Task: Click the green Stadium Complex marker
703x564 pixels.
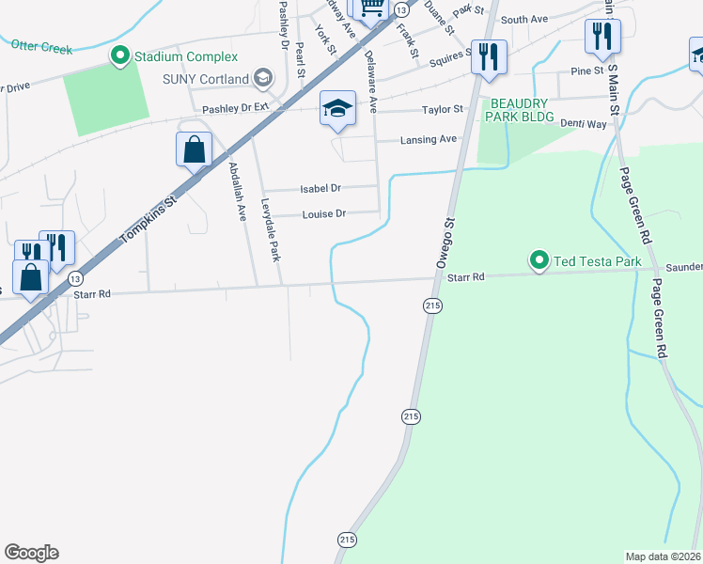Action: [120, 57]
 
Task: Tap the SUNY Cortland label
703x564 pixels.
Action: [206, 79]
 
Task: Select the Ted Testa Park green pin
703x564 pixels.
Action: [539, 260]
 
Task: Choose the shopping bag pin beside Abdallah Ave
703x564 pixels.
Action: [194, 150]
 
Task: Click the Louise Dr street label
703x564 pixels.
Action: [324, 214]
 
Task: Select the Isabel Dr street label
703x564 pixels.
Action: [320, 189]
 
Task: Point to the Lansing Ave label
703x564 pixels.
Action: [429, 139]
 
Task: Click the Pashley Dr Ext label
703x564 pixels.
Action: [236, 108]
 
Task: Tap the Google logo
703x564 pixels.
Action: [31, 553]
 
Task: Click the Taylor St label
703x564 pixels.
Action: [443, 110]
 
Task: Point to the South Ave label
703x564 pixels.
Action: [523, 20]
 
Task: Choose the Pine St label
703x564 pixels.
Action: [586, 70]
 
